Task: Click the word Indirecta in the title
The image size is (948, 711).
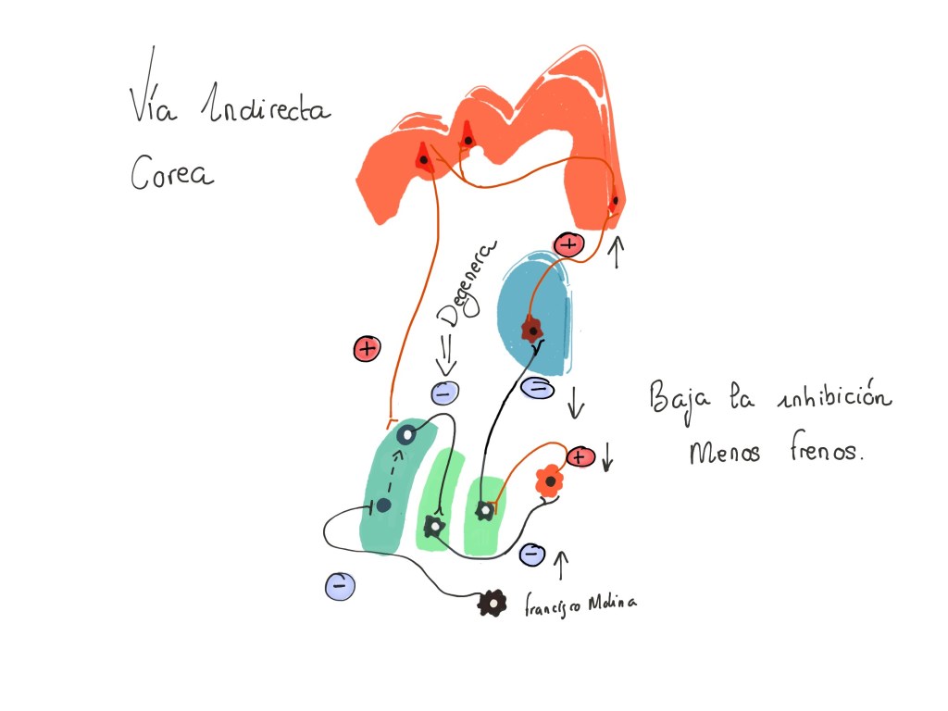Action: pyautogui.click(x=267, y=109)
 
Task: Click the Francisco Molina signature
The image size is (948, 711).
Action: pyautogui.click(x=580, y=603)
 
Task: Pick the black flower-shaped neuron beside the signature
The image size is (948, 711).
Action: pyautogui.click(x=493, y=603)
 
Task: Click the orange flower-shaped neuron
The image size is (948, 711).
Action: pyautogui.click(x=549, y=480)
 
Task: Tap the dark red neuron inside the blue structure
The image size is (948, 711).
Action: pyautogui.click(x=531, y=328)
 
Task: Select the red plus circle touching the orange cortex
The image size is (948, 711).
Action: pyautogui.click(x=568, y=244)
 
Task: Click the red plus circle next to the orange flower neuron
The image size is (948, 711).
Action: pyautogui.click(x=580, y=456)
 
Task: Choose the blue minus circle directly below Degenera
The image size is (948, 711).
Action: pyautogui.click(x=445, y=393)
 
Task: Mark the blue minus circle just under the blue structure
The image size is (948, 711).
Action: pyautogui.click(x=537, y=387)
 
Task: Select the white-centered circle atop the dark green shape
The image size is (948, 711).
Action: pyautogui.click(x=405, y=434)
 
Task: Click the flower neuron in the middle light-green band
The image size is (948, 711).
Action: pyautogui.click(x=432, y=527)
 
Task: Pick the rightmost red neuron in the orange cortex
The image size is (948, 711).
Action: pyautogui.click(x=614, y=200)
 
